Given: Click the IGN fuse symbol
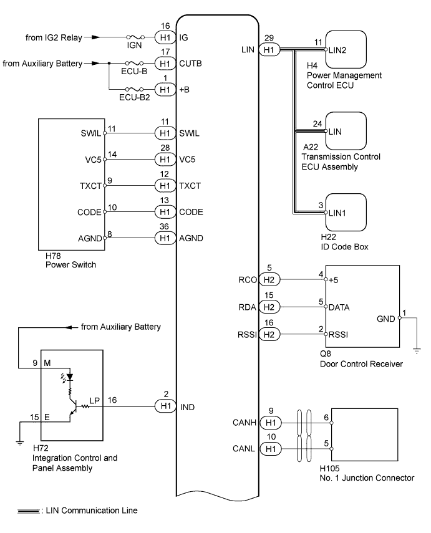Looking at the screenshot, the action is click(135, 37).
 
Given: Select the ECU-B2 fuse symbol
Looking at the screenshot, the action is click(135, 89).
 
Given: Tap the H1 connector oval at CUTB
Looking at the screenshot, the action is click(165, 63).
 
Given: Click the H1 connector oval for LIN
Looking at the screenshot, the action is click(269, 50).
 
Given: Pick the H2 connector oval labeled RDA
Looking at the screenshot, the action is click(269, 307).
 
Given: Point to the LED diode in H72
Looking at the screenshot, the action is click(70, 377).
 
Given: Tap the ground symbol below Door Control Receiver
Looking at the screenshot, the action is click(417, 351).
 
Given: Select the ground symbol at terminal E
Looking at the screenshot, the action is click(20, 443).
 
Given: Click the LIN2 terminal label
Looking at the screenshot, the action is click(337, 50).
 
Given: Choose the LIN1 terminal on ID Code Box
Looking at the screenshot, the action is click(337, 213).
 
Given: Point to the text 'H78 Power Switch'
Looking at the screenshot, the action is click(70, 260).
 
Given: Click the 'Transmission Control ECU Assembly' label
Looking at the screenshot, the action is click(341, 162).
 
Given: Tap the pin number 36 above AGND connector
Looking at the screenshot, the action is click(164, 226).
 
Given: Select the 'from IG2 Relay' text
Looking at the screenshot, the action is click(54, 37).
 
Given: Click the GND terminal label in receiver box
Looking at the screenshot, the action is click(385, 319).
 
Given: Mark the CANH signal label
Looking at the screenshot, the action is click(245, 423).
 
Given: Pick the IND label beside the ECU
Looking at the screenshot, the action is click(188, 407).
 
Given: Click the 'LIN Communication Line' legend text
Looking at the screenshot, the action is click(92, 510).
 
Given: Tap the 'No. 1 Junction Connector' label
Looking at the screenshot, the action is click(367, 478).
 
